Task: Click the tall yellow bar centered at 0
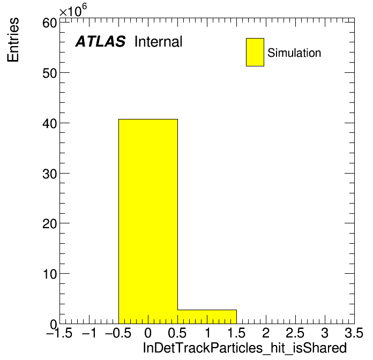(x=148, y=221)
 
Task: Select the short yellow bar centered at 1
(x=207, y=317)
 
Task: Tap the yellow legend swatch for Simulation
(x=255, y=52)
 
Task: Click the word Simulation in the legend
(x=294, y=52)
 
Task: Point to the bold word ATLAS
(x=100, y=41)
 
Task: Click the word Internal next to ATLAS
(x=159, y=41)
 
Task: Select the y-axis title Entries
(x=13, y=40)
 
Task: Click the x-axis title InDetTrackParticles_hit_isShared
(x=245, y=348)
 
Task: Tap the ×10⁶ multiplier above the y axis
(x=73, y=10)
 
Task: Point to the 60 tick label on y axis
(x=50, y=23)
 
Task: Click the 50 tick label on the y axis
(x=50, y=73)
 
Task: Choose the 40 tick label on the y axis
(x=50, y=124)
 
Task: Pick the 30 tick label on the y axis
(x=50, y=174)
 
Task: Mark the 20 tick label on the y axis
(x=50, y=224)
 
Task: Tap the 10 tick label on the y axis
(x=50, y=274)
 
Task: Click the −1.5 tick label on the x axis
(x=59, y=333)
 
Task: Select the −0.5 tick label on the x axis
(x=118, y=333)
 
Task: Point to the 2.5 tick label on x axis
(x=295, y=333)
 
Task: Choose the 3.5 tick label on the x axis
(x=354, y=333)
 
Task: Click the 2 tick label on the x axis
(x=266, y=333)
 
